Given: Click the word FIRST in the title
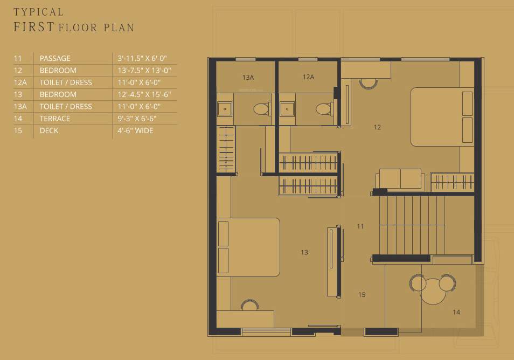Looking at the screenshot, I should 33,27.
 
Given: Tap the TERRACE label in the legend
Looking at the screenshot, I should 54,119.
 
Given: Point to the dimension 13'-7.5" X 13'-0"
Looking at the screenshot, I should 144,70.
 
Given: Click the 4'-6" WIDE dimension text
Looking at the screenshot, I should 135,130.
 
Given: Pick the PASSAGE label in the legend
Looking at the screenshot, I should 55,58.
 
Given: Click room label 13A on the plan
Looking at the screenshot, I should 248,78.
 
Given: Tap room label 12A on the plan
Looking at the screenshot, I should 308,77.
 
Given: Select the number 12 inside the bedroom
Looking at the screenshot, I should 377,127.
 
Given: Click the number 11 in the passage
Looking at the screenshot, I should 360,226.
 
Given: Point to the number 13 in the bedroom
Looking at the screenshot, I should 304,252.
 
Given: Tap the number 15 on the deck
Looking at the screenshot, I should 362,295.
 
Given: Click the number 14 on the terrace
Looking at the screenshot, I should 456,312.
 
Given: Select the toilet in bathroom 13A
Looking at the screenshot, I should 261,109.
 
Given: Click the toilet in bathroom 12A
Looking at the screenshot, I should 323,109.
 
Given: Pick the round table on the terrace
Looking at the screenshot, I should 434,292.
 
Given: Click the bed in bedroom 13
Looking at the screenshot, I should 248,247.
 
